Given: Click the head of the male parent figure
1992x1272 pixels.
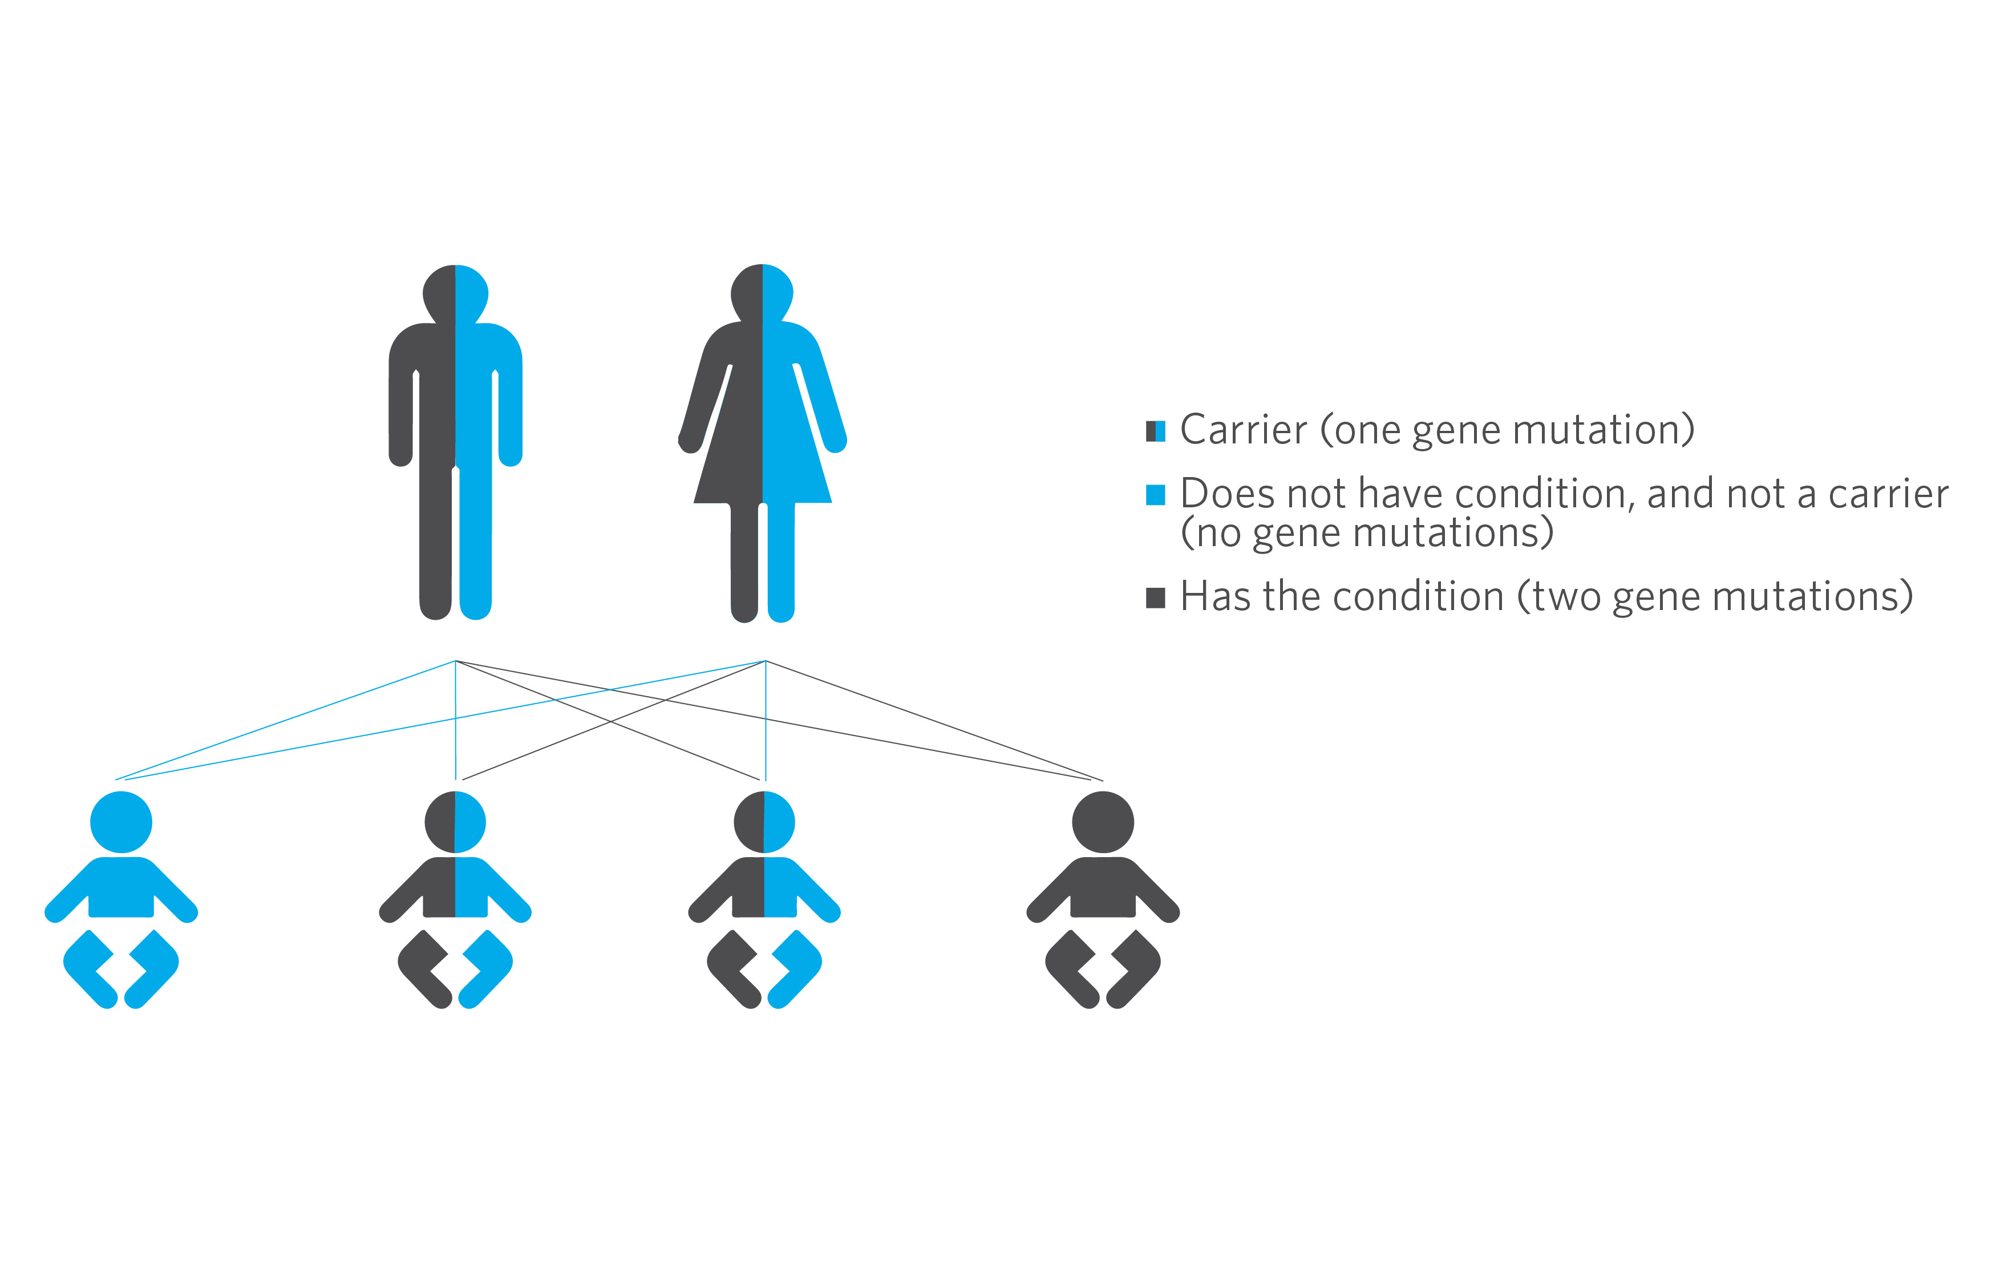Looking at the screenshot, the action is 455,294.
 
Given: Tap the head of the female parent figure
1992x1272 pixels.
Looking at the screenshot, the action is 762,293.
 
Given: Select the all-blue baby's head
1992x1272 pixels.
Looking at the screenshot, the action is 121,822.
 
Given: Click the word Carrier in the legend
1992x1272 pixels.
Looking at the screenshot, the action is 1244,430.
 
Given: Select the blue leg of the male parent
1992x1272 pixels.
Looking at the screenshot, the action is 476,542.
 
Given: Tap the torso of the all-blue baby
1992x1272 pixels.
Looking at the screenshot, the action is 121,887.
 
